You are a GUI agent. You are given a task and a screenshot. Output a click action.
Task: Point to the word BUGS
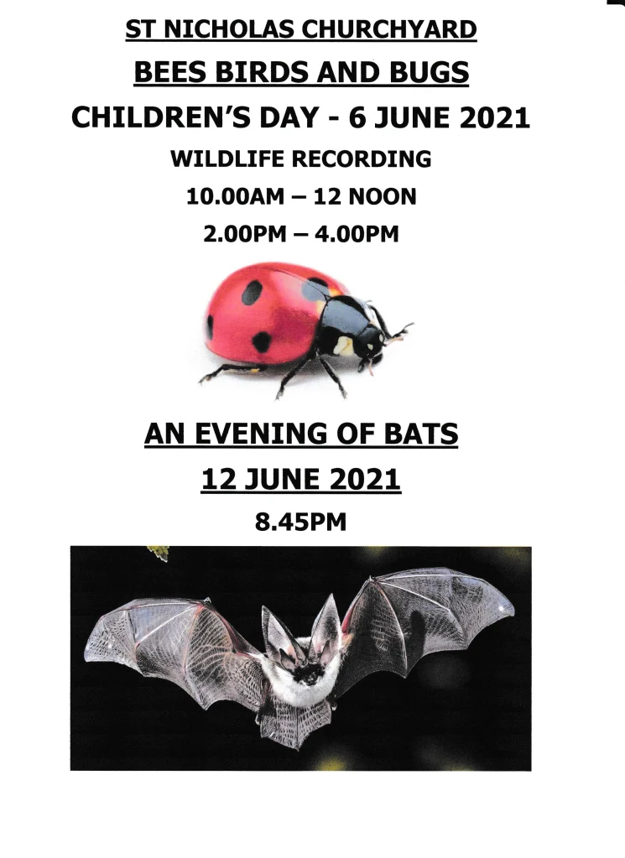click(x=431, y=72)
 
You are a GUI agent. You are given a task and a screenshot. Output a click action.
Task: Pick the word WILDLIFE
click(x=227, y=159)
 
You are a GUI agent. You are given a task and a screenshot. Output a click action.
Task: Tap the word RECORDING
click(x=362, y=159)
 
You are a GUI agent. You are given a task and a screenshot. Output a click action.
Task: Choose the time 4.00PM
click(x=357, y=234)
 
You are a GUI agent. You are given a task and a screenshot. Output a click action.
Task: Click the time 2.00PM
click(x=245, y=234)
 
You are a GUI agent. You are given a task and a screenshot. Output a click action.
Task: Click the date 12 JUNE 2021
click(x=301, y=480)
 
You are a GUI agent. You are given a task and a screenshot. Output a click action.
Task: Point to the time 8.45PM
click(x=301, y=522)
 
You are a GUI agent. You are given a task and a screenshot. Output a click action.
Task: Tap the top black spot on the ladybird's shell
click(x=253, y=292)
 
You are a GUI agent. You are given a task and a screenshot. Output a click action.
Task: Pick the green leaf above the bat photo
click(x=159, y=553)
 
